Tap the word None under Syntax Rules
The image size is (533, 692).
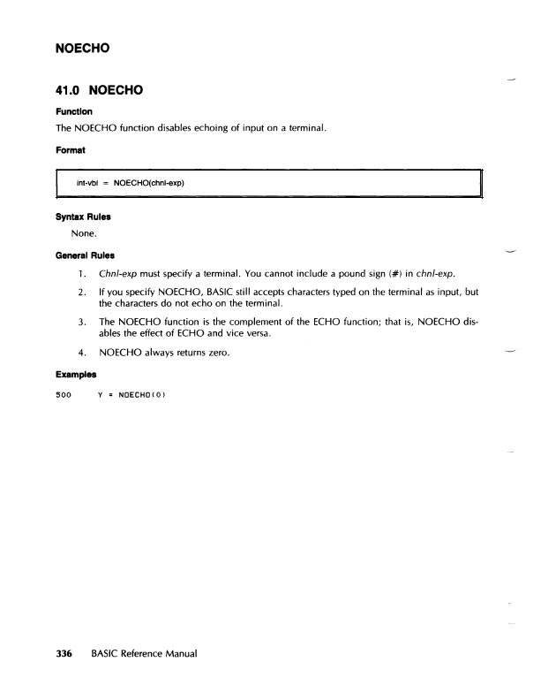point(84,234)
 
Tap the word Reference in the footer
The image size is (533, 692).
point(139,654)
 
